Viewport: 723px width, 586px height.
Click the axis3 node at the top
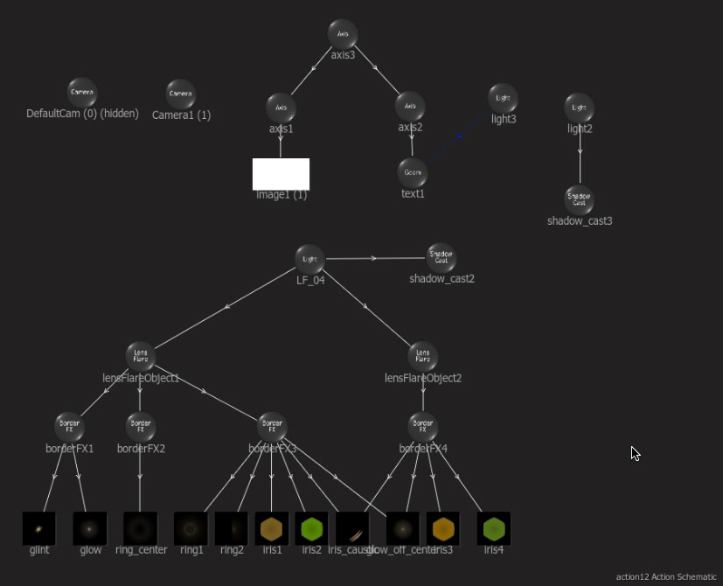[x=343, y=34]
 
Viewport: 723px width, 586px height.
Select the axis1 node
[x=281, y=108]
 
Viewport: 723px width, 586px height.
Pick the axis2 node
[x=410, y=106]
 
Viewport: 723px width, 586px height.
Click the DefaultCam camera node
[x=82, y=93]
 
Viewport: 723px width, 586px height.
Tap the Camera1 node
[x=180, y=94]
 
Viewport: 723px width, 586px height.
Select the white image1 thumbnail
[x=281, y=174]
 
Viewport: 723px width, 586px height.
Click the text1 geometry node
[x=412, y=172]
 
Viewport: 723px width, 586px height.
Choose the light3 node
[x=503, y=98]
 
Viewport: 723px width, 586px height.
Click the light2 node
[x=579, y=108]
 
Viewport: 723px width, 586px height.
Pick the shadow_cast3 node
[x=579, y=199]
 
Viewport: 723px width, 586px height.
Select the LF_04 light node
[x=309, y=259]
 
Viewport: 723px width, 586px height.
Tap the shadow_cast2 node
[x=441, y=257]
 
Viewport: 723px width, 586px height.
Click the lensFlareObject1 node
[x=140, y=356]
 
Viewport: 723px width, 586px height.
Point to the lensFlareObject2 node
[x=422, y=356]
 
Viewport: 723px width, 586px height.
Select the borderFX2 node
[x=140, y=427]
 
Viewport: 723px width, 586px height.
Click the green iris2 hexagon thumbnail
[x=311, y=528]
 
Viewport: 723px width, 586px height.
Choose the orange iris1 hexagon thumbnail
[x=272, y=528]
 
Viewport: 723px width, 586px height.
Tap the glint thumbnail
[x=38, y=528]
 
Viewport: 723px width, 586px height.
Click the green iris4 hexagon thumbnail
[x=494, y=528]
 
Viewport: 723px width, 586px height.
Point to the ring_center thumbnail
[x=140, y=528]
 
